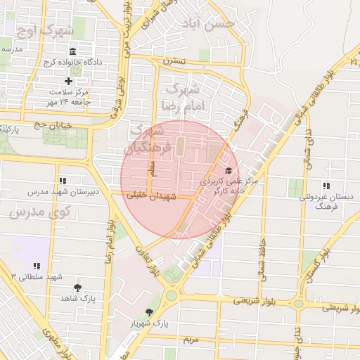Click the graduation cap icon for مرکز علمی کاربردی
point(227,171)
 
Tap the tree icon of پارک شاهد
point(77,287)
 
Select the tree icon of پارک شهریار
point(148,312)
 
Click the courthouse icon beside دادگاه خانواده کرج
point(74,51)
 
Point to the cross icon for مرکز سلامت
point(68,81)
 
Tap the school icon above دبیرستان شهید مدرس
point(63,181)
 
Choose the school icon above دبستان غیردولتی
point(326,186)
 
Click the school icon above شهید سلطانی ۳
point(37,265)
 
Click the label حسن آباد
point(217,24)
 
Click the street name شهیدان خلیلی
point(148,197)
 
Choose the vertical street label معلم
point(151,167)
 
